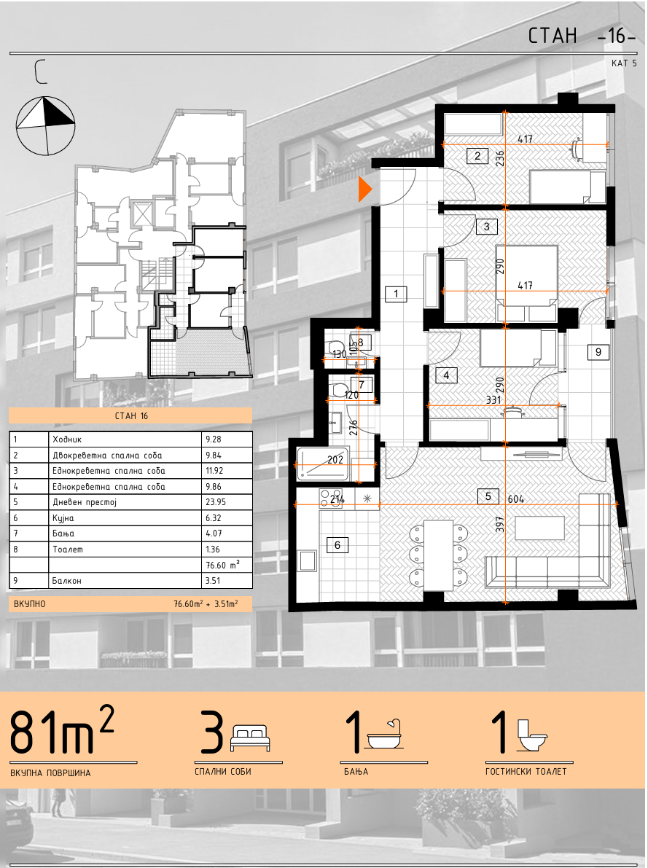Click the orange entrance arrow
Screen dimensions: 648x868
(365, 189)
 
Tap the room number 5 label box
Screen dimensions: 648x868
(488, 496)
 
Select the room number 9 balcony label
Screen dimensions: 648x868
(598, 351)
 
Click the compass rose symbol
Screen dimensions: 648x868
(45, 125)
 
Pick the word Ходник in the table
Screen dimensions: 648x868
(67, 439)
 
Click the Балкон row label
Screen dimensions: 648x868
(67, 581)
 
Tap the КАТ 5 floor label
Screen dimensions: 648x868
(624, 63)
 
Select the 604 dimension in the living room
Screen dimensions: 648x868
(515, 498)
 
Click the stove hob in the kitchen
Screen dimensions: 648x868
(332, 497)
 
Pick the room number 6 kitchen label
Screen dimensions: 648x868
(337, 545)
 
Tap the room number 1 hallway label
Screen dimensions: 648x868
(396, 294)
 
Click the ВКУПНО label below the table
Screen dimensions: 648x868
(30, 604)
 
